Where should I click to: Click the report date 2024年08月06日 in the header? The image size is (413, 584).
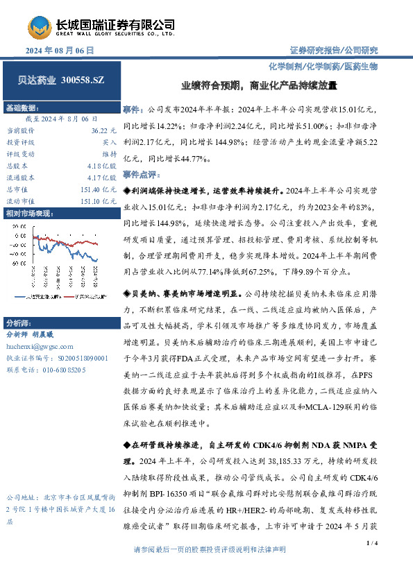[59, 51]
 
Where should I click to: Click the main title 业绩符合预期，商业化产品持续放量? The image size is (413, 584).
[250, 87]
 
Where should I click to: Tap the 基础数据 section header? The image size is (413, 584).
[22, 109]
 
